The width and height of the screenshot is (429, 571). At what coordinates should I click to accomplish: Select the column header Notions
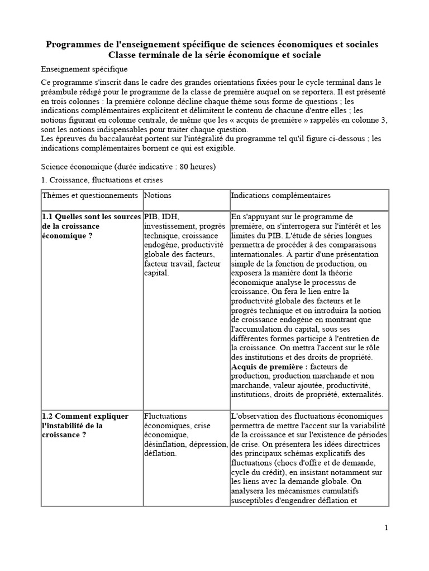tap(158, 196)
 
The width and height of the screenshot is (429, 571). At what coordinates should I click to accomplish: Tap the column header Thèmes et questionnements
tap(89, 196)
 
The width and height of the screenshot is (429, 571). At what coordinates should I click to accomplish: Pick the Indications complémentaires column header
tap(280, 196)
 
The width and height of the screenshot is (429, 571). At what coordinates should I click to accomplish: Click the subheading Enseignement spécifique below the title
tap(84, 69)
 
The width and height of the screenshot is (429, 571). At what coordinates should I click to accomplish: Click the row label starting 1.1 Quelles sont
tap(90, 216)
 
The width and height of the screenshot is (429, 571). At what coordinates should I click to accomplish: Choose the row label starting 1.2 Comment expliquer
tap(85, 416)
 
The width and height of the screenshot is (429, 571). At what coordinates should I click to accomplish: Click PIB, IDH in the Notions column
tap(161, 216)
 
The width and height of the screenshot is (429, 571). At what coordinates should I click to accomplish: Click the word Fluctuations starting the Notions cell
tap(165, 416)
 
